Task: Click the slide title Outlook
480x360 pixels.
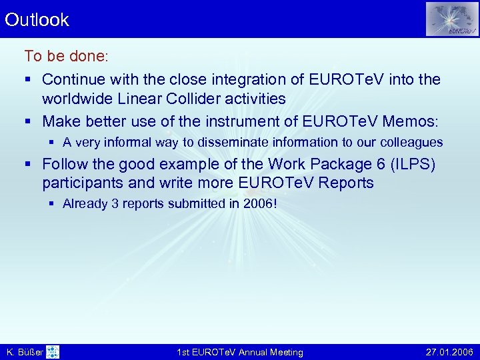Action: [x=37, y=20]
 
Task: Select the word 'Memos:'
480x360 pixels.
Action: [x=406, y=121]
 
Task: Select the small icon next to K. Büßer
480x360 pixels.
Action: [x=53, y=352]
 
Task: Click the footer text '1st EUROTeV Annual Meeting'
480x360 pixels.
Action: [x=240, y=352]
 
